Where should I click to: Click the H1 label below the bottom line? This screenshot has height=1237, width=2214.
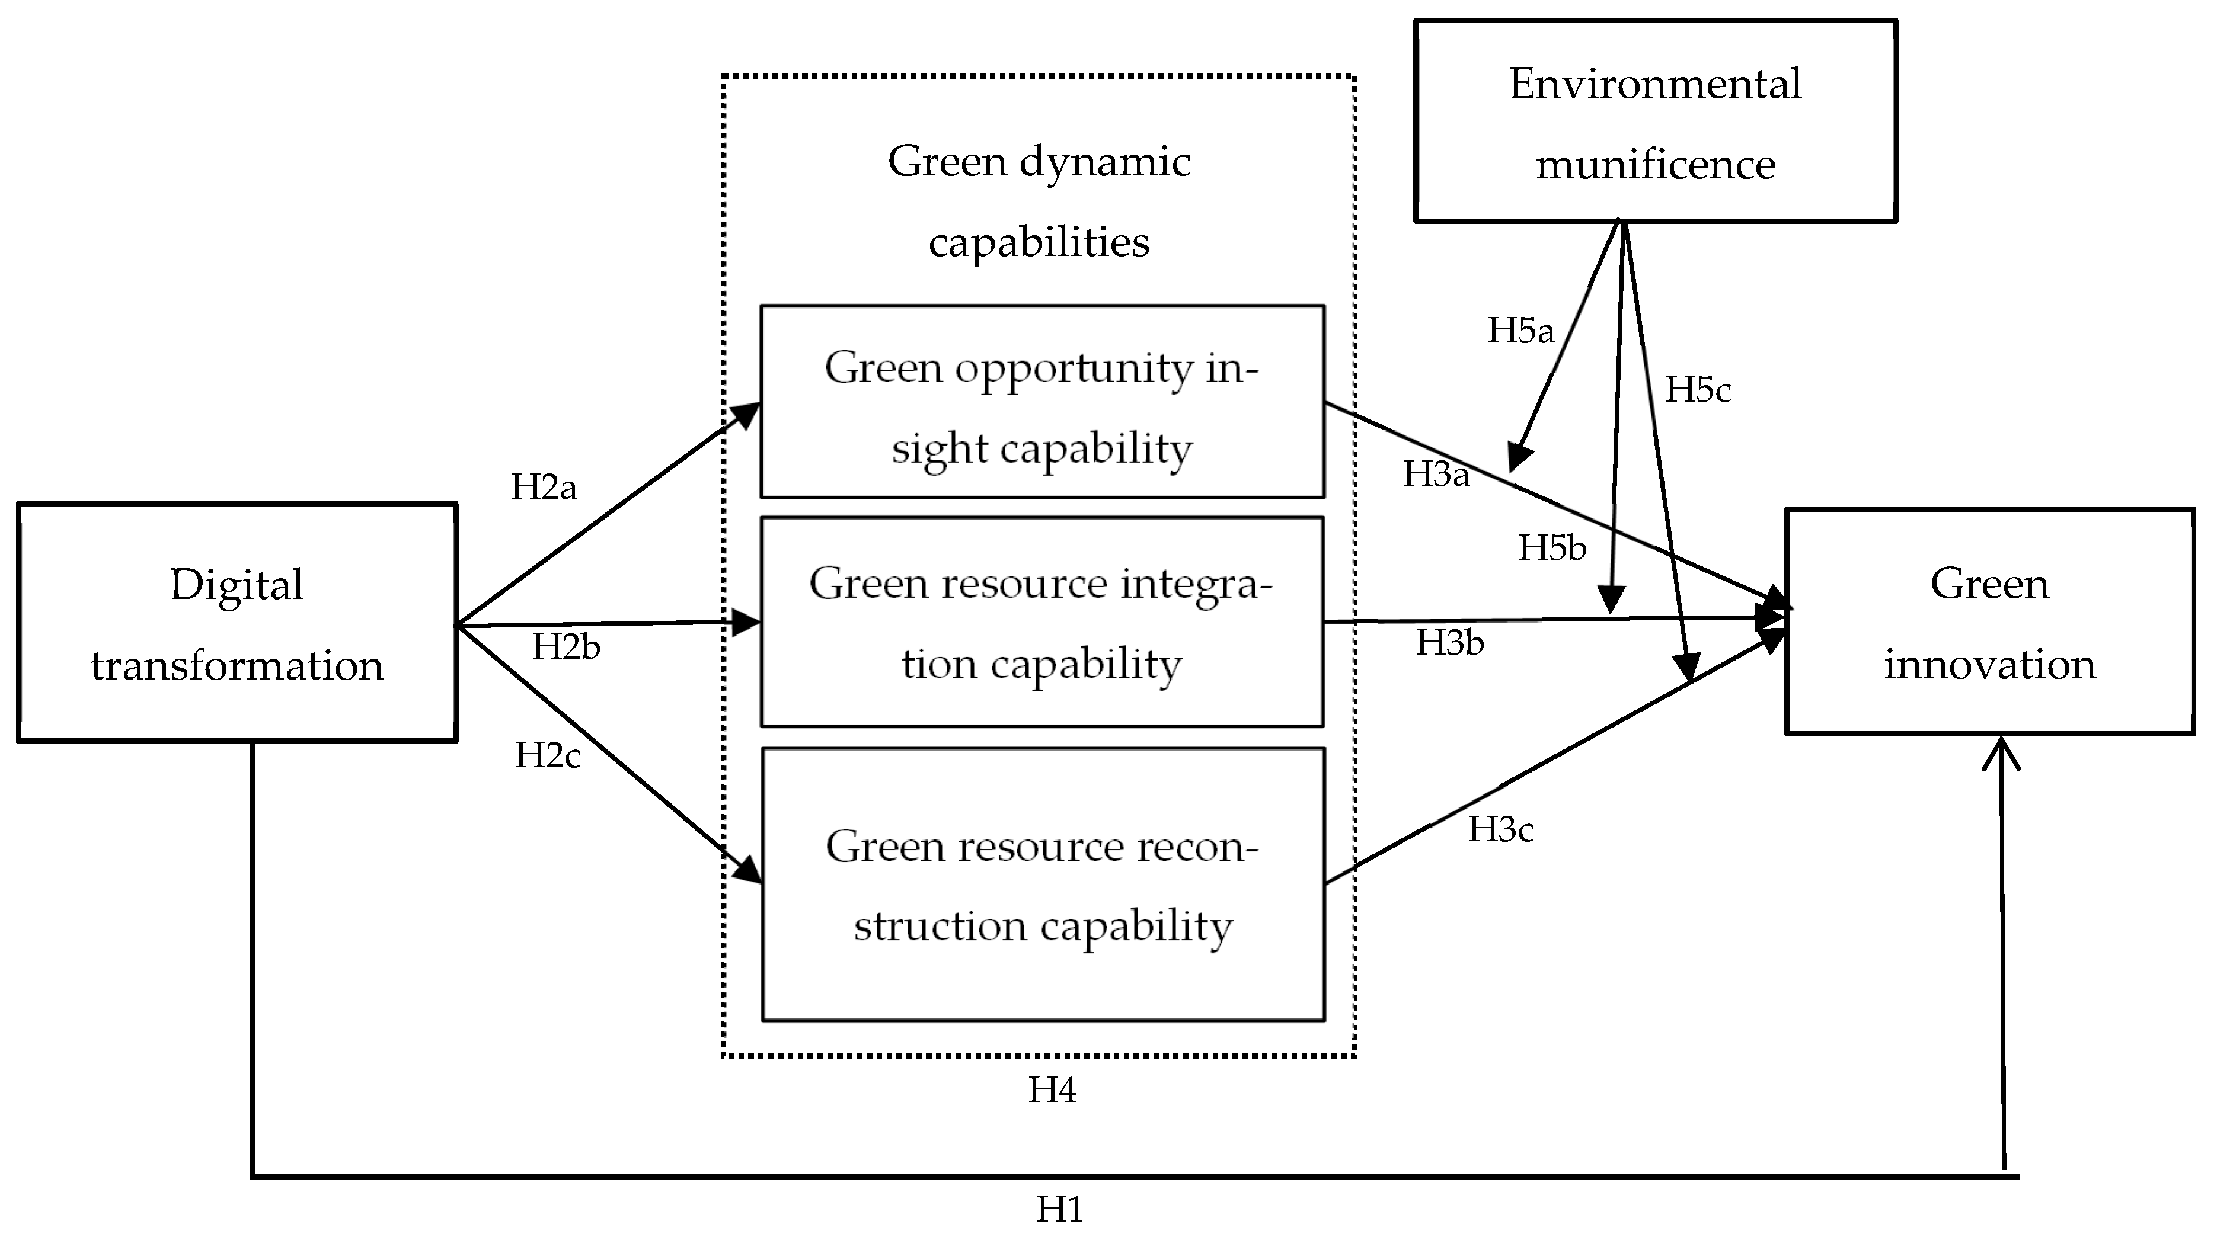pyautogui.click(x=1059, y=1210)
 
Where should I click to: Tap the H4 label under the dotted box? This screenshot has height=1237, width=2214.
pyautogui.click(x=1052, y=1090)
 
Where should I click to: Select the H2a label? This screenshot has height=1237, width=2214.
pyautogui.click(x=543, y=487)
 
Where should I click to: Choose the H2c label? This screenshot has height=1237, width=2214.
pyautogui.click(x=548, y=755)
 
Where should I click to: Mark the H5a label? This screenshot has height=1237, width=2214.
pyautogui.click(x=1520, y=331)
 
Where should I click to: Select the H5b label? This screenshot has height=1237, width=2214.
pyautogui.click(x=1551, y=548)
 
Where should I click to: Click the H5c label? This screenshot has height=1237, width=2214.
pyautogui.click(x=1698, y=390)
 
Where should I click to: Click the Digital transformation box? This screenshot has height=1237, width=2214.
pyautogui.click(x=237, y=623)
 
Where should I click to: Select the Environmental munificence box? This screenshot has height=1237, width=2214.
pyautogui.click(x=1656, y=121)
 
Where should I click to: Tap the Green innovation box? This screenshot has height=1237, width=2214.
pyautogui.click(x=1990, y=622)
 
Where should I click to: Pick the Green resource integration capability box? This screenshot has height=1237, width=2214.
pyautogui.click(x=1041, y=622)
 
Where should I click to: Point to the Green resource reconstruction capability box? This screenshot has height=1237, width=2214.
pyautogui.click(x=1043, y=885)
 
